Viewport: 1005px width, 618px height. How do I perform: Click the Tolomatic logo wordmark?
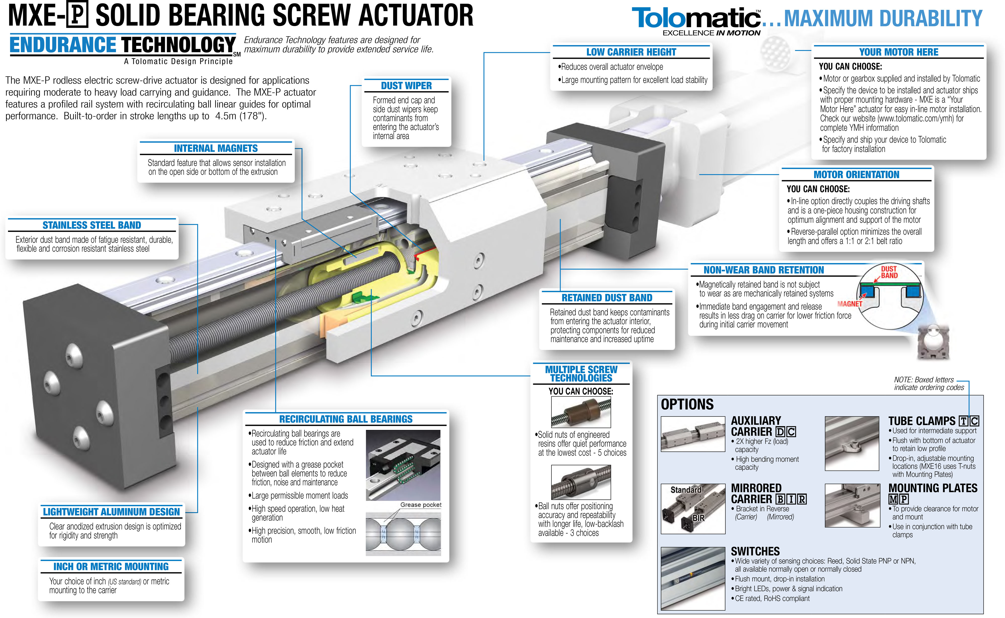pos(696,18)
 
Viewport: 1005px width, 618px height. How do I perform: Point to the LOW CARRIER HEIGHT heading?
pos(631,52)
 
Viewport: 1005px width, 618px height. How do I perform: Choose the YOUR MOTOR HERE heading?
pos(899,52)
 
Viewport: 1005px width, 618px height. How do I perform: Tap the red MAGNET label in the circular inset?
pos(850,304)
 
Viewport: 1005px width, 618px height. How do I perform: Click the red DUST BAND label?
pos(889,272)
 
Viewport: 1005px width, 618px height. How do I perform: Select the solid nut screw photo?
pos(581,413)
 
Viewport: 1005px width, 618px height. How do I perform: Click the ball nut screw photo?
pos(581,482)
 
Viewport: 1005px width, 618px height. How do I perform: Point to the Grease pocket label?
pos(421,505)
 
